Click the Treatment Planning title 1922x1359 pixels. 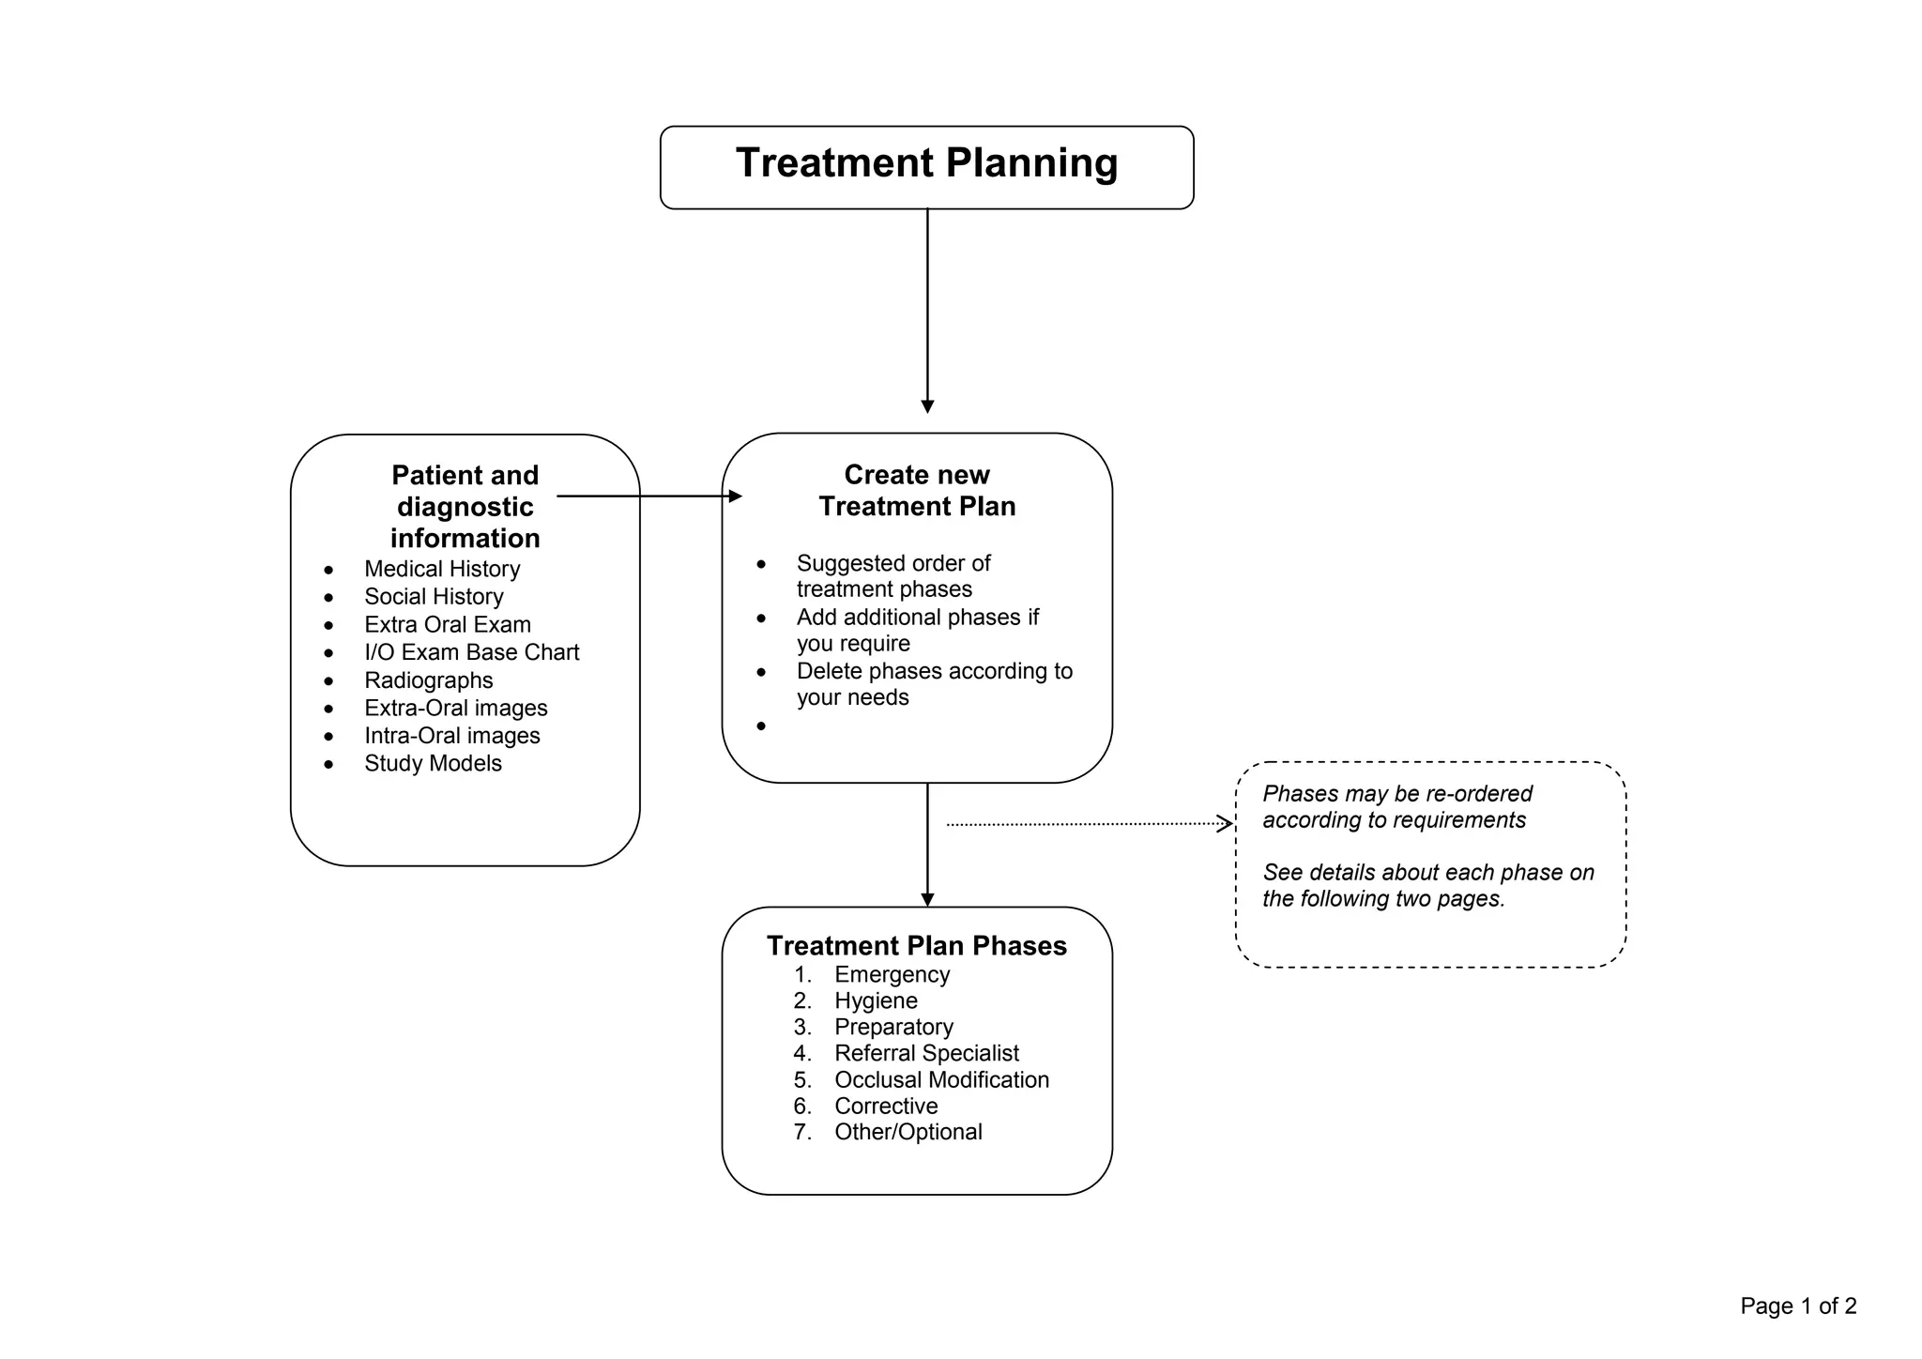pyautogui.click(x=926, y=163)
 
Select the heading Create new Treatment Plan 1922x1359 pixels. pyautogui.click(x=917, y=491)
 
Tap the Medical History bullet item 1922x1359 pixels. pyautogui.click(x=442, y=569)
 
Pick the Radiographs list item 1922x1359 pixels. pyautogui.click(x=428, y=680)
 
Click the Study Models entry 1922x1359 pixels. pyautogui.click(x=433, y=763)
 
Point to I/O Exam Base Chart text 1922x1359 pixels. pyautogui.click(x=471, y=652)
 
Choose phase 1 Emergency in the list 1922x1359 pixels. pyautogui.click(x=892, y=974)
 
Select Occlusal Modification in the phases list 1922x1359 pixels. pyautogui.click(x=941, y=1079)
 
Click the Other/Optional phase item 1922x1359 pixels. pyautogui.click(x=908, y=1132)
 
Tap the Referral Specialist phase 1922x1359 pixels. pyautogui.click(x=926, y=1053)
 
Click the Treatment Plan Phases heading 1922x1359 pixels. pyautogui.click(x=917, y=945)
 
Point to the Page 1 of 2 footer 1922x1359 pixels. pyautogui.click(x=1797, y=1306)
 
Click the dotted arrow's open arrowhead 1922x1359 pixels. pyautogui.click(x=1225, y=824)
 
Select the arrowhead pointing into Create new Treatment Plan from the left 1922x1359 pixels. pyautogui.click(x=736, y=496)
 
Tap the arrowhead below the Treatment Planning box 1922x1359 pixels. pyautogui.click(x=927, y=406)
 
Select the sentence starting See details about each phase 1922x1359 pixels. pyautogui.click(x=1427, y=885)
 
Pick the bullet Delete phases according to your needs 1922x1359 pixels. pyautogui.click(x=934, y=684)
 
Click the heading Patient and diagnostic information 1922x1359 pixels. pyautogui.click(x=465, y=507)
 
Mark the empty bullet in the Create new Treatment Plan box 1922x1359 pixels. pyautogui.click(x=761, y=726)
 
